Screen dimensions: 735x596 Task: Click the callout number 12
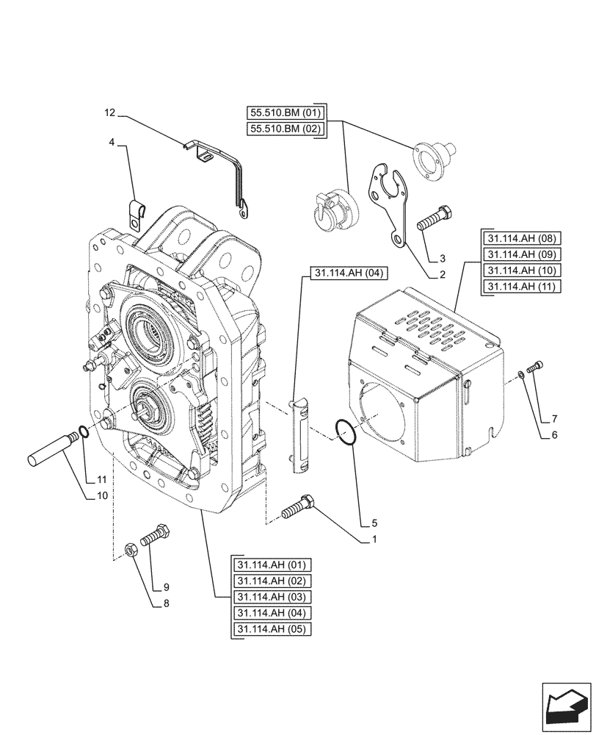pyautogui.click(x=110, y=112)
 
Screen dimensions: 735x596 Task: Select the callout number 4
pyautogui.click(x=111, y=142)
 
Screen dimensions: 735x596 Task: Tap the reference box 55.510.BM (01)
pyautogui.click(x=284, y=112)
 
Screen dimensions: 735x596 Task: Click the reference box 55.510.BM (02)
pyautogui.click(x=284, y=129)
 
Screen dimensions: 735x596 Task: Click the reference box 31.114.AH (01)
pyautogui.click(x=271, y=564)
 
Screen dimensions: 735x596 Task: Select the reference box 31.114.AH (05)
pyautogui.click(x=271, y=629)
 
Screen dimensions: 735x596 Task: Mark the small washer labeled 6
pyautogui.click(x=520, y=376)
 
